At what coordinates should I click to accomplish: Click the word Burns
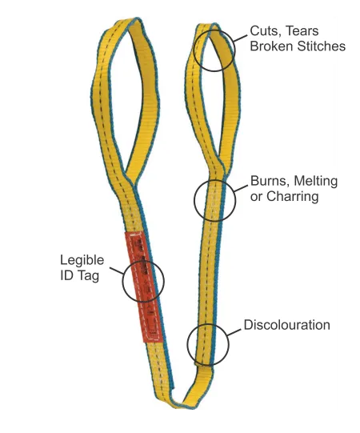tap(270, 181)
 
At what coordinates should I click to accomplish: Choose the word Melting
tap(315, 182)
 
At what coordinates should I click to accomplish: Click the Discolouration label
tap(287, 325)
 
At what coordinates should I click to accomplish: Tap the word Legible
tap(82, 260)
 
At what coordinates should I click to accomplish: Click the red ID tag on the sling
tap(143, 287)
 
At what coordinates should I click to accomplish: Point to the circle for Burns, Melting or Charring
tap(194, 200)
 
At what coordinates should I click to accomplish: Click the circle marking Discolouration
tap(187, 345)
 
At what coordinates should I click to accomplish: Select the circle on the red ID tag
tap(122, 281)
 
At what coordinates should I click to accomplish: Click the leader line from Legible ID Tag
tap(117, 271)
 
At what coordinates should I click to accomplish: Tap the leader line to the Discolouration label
tap(234, 332)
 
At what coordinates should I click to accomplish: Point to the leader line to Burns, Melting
tap(241, 188)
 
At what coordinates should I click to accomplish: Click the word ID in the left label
tap(66, 275)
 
